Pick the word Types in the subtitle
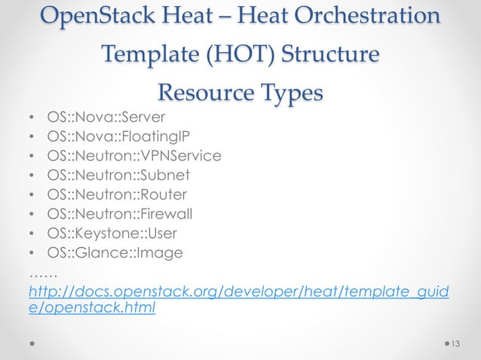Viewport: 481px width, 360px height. pyautogui.click(x=290, y=93)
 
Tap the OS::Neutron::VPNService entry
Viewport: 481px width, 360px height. pyautogui.click(x=134, y=156)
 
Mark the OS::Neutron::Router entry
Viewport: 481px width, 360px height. pyautogui.click(x=117, y=194)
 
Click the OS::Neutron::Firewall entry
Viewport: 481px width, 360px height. pyautogui.click(x=122, y=214)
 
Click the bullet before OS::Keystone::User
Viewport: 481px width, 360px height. pyautogui.click(x=31, y=233)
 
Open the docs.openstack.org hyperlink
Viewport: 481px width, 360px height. pyautogui.click(x=238, y=291)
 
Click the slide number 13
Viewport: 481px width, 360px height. pyautogui.click(x=454, y=344)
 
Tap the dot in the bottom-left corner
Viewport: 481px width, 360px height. pyautogui.click(x=32, y=343)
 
